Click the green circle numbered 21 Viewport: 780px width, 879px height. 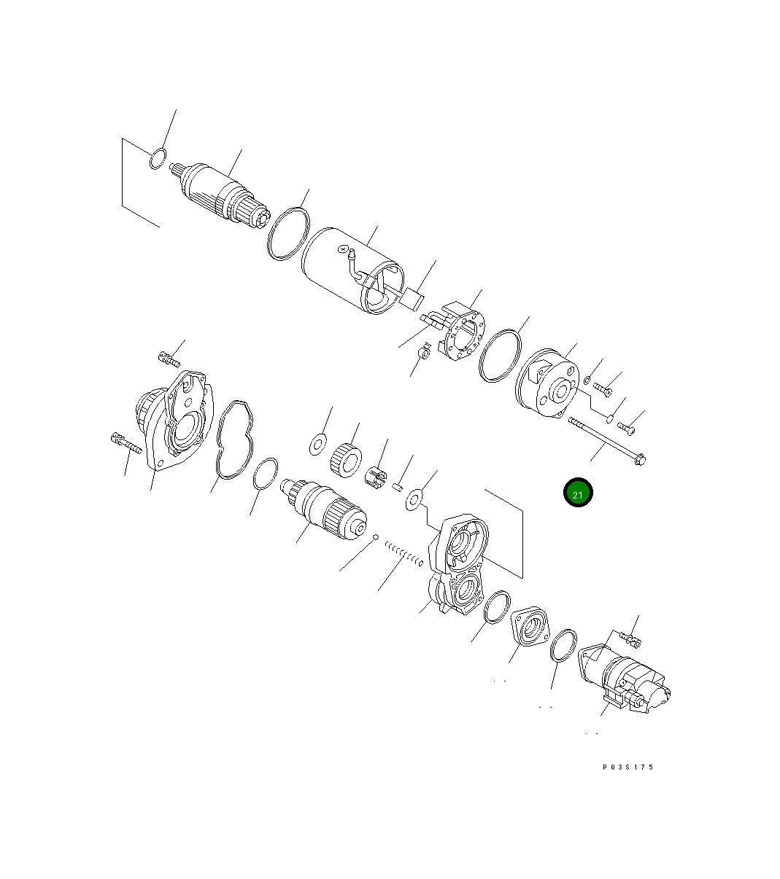tap(577, 493)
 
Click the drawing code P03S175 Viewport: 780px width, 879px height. tap(628, 767)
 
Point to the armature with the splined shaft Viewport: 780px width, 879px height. tap(223, 195)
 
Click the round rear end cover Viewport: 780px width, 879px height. tap(547, 386)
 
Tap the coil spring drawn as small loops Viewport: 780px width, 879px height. tap(403, 554)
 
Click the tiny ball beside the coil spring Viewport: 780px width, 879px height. tap(375, 538)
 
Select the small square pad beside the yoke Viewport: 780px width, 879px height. tap(414, 297)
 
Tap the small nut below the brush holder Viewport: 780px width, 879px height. tap(422, 354)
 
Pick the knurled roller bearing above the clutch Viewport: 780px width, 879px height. tap(347, 459)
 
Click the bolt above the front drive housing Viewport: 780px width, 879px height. tap(169, 358)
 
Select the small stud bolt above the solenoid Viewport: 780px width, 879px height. tap(631, 640)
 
